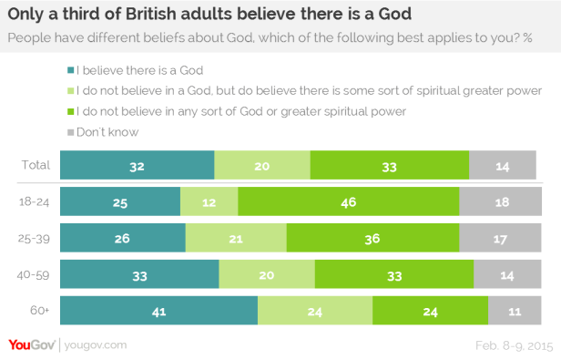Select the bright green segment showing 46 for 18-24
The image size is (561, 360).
[x=348, y=201]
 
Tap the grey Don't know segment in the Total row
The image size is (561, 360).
[x=504, y=165]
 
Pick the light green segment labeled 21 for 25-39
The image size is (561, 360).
[x=236, y=237]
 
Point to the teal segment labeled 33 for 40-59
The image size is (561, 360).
[x=139, y=273]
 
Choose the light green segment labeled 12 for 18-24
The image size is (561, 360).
[x=209, y=201]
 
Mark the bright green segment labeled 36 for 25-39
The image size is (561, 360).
[x=372, y=237]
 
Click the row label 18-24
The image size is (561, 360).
[x=35, y=201]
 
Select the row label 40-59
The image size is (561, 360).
[x=35, y=273]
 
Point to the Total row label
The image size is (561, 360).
[x=36, y=165]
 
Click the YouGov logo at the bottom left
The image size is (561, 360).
[x=31, y=345]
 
